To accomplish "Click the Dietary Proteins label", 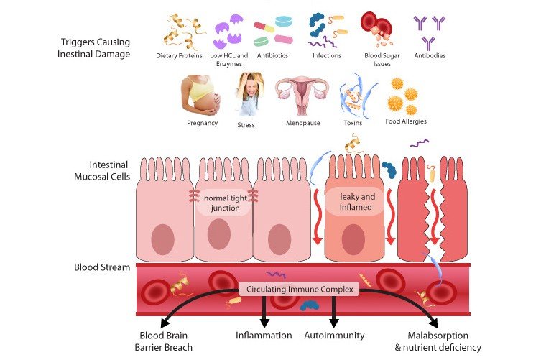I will [179, 55].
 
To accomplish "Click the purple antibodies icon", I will [430, 31].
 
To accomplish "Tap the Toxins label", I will [353, 122].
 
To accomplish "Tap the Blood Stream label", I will [102, 267].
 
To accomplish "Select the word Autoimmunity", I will [335, 335].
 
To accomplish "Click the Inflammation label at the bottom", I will [264, 335].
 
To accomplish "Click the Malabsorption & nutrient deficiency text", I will [438, 341].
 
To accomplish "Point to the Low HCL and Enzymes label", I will [228, 59].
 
